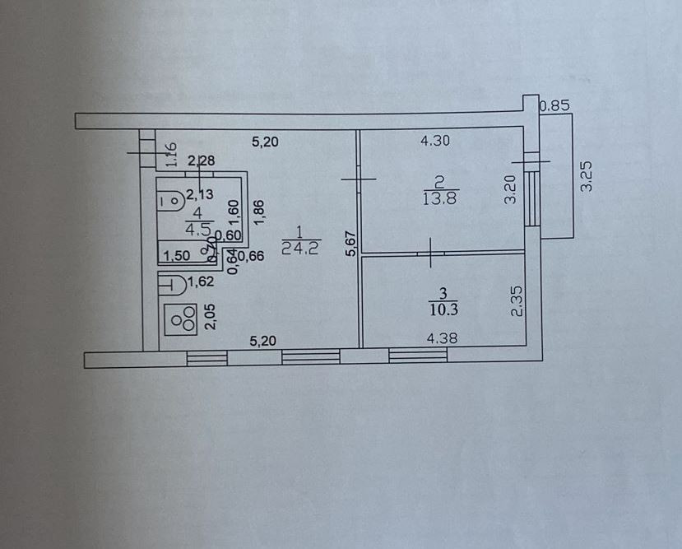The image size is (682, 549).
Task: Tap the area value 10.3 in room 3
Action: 443,309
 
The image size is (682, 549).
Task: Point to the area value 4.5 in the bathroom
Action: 197,230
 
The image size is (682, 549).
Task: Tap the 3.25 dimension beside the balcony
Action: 586,176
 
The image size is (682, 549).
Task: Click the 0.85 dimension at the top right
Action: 554,105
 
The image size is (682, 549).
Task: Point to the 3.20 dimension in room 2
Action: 510,190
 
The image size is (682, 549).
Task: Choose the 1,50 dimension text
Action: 176,256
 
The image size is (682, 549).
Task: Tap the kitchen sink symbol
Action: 171,285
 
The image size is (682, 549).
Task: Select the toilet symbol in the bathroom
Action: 173,198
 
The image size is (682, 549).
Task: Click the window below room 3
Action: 418,356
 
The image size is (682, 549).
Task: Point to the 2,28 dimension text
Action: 201,160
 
